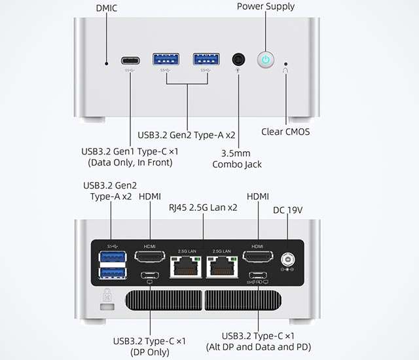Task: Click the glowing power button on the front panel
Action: coord(266,60)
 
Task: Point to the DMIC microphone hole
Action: coord(107,63)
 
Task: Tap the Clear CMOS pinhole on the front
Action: coord(285,64)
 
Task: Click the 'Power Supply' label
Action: coord(266,7)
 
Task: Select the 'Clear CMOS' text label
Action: coord(285,132)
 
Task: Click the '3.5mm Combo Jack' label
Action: coord(237,158)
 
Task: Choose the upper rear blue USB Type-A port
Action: coord(113,256)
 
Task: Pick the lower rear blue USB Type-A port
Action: coord(113,273)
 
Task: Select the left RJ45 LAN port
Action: coord(185,265)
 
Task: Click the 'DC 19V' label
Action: coord(289,210)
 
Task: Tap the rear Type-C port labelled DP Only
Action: coord(150,276)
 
